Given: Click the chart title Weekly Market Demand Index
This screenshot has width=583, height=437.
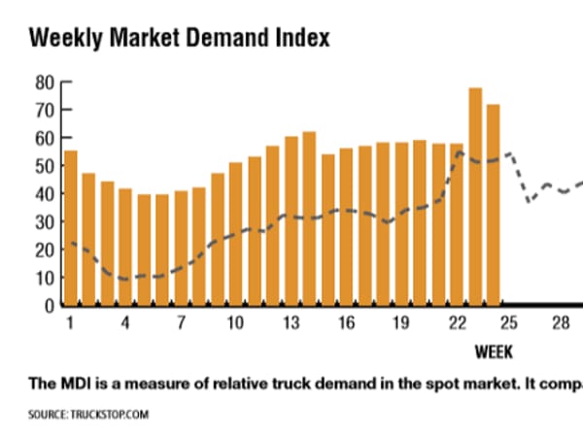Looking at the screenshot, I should click(180, 38).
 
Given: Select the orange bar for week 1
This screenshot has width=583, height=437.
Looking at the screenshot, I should click(70, 228).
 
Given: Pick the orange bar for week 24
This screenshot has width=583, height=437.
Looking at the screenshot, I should click(494, 205).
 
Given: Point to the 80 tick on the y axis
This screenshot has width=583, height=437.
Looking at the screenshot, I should click(43, 83).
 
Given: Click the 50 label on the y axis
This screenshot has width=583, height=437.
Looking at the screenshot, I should click(43, 166).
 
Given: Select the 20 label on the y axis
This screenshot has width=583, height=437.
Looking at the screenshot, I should click(43, 250).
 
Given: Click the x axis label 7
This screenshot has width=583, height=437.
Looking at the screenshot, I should click(181, 322).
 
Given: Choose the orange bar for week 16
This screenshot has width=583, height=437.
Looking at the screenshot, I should click(346, 227).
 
